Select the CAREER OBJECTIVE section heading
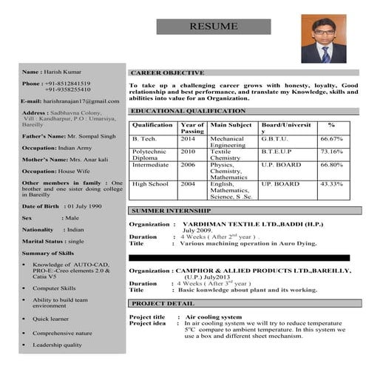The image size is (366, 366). click(167, 73)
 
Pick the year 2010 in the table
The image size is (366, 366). click(188, 151)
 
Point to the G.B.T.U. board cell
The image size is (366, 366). click(276, 138)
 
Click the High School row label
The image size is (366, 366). click(150, 183)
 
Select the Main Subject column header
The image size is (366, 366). click(231, 125)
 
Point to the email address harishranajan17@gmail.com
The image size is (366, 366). click(80, 101)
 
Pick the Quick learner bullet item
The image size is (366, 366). click(51, 318)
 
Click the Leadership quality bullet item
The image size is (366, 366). click(57, 345)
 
